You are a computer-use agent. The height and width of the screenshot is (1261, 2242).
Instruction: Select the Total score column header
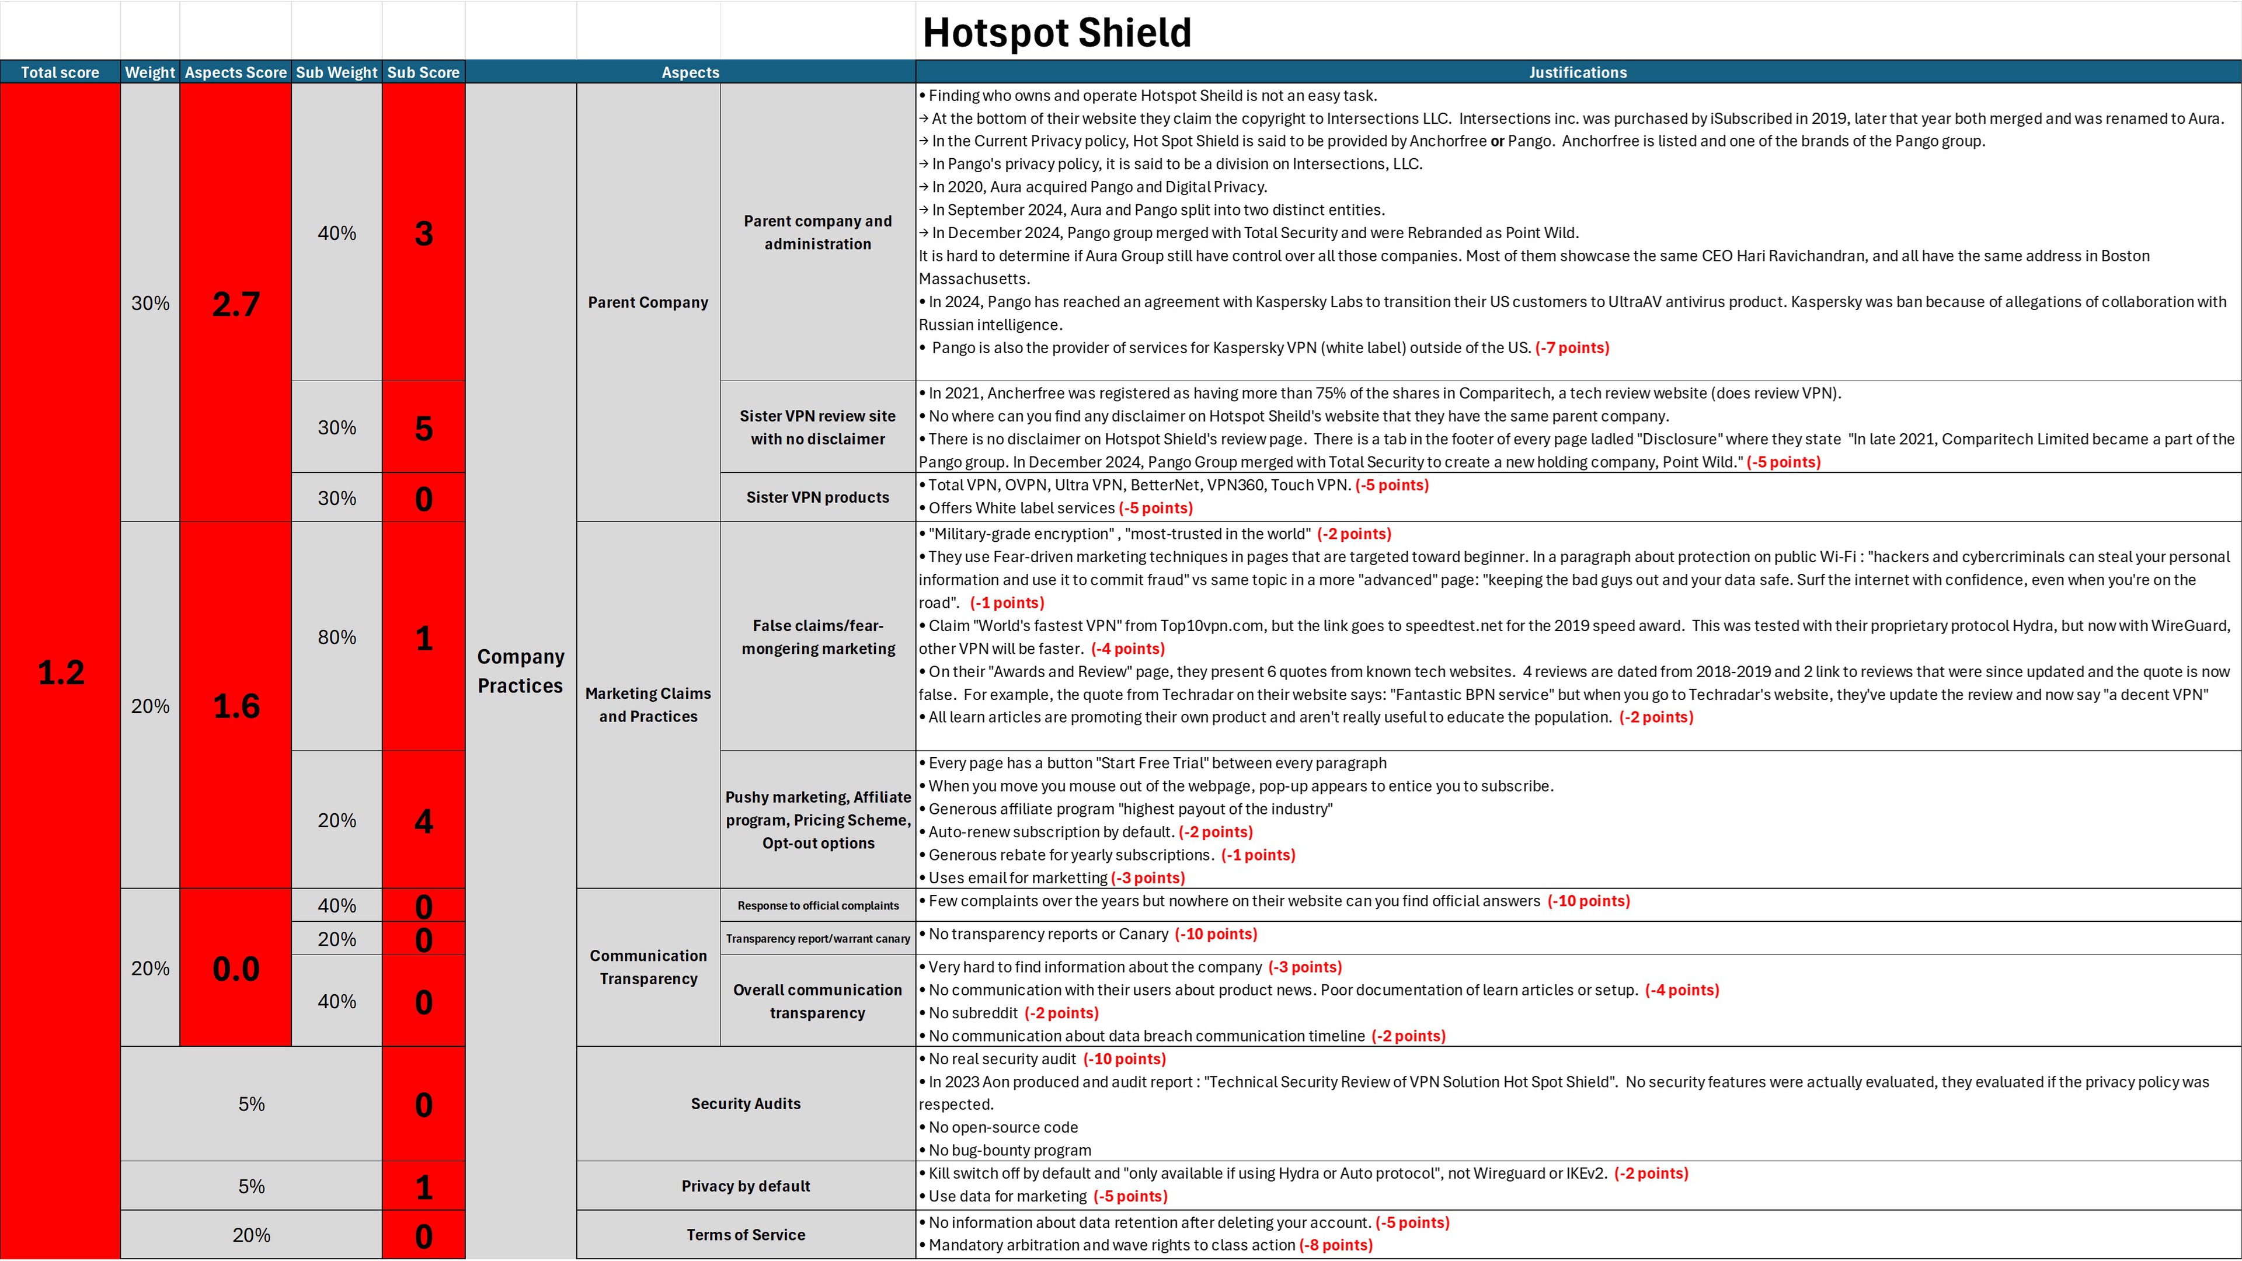[x=60, y=72]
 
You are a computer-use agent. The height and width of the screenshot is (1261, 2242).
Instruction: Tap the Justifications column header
[x=1577, y=72]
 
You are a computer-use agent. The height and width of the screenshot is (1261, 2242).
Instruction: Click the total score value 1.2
[x=61, y=672]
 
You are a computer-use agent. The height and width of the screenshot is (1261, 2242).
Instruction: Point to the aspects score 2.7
[x=236, y=304]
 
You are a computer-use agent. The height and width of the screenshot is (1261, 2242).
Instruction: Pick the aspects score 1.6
[x=236, y=706]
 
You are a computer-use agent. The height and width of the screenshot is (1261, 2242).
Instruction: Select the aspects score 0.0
[x=236, y=969]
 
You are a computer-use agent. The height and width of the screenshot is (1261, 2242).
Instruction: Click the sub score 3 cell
[x=424, y=234]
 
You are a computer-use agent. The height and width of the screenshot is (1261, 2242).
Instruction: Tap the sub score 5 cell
[x=424, y=427]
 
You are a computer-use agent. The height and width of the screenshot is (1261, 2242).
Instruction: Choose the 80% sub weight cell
[x=337, y=637]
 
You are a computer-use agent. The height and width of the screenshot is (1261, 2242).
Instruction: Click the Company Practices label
[x=520, y=671]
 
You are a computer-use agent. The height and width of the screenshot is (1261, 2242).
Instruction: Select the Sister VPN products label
[x=817, y=497]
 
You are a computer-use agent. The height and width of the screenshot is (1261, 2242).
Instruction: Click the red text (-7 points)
[x=1572, y=348]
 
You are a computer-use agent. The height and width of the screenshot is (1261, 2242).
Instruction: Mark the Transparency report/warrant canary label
[x=817, y=939]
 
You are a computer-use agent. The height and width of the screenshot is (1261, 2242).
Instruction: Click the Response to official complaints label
[x=817, y=906]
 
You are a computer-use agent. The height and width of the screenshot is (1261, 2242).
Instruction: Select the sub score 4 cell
[x=424, y=821]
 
